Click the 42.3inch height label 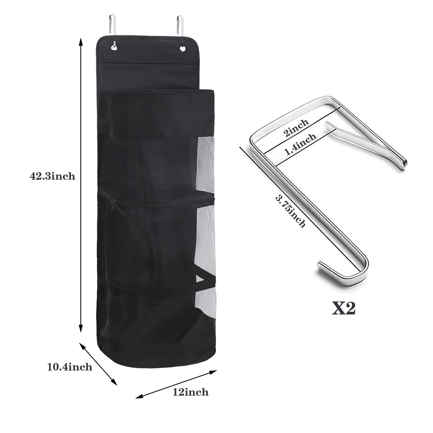click(x=53, y=176)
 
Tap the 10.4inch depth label click(x=70, y=367)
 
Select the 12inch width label click(x=191, y=392)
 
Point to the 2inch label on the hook click(x=296, y=128)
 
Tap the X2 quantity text click(x=344, y=308)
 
